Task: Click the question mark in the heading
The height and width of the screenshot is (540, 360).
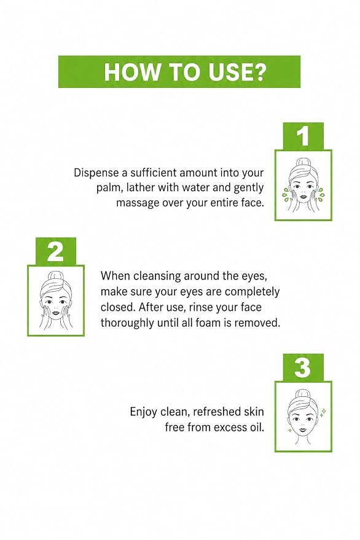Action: pyautogui.click(x=257, y=72)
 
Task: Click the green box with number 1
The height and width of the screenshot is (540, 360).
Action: pyautogui.click(x=303, y=136)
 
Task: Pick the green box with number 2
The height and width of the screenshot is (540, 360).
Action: pyautogui.click(x=56, y=251)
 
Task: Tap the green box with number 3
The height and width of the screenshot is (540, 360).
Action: pyautogui.click(x=303, y=367)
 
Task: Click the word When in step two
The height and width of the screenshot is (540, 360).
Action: pyautogui.click(x=115, y=276)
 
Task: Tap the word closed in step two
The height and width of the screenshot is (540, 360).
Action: pyautogui.click(x=118, y=307)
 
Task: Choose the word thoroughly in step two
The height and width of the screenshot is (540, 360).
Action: pyautogui.click(x=127, y=323)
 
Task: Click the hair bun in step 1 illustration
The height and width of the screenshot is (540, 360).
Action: pyautogui.click(x=303, y=161)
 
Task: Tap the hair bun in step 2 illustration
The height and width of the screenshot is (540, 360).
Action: pyautogui.click(x=55, y=276)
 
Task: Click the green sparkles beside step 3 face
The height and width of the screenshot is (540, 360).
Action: pyautogui.click(x=323, y=412)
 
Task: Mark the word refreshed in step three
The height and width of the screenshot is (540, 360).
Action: pyautogui.click(x=217, y=412)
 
